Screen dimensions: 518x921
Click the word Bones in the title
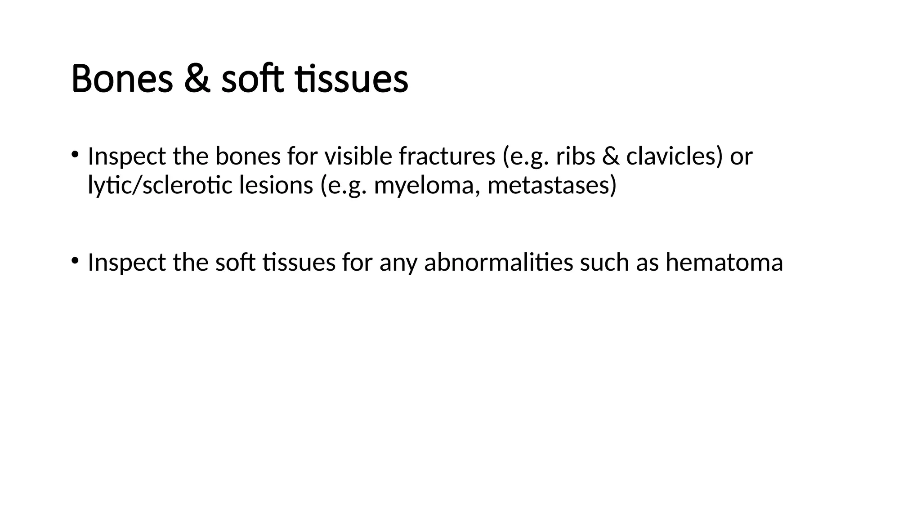pos(122,79)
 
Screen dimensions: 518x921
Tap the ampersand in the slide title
pos(197,79)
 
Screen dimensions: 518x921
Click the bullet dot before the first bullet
pos(74,154)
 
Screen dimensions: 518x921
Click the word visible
pos(358,156)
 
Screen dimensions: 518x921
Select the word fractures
pos(447,156)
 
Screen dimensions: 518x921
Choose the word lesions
pos(276,185)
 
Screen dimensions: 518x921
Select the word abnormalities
pos(498,262)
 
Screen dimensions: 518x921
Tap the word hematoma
pos(724,262)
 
